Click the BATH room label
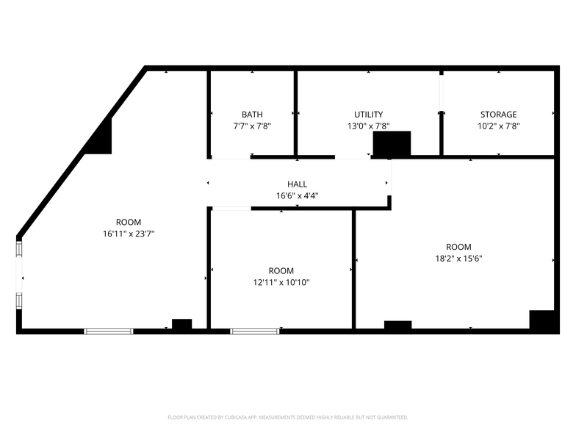click(x=252, y=115)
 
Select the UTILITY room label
click(x=368, y=115)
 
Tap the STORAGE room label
click(x=498, y=115)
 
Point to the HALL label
click(x=297, y=184)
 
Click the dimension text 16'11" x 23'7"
click(x=129, y=234)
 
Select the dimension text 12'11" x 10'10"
click(x=281, y=282)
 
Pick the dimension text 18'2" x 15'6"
click(x=458, y=259)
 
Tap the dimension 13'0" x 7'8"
click(x=368, y=126)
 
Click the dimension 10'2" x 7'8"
click(x=498, y=126)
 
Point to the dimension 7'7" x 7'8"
click(x=252, y=126)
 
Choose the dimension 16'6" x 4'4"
click(x=297, y=196)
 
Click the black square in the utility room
click(x=392, y=144)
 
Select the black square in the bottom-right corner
click(x=541, y=320)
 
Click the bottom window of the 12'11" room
click(x=255, y=331)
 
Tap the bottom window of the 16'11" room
click(x=109, y=331)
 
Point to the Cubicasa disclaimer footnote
click(x=288, y=417)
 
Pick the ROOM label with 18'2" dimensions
click(x=458, y=247)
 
